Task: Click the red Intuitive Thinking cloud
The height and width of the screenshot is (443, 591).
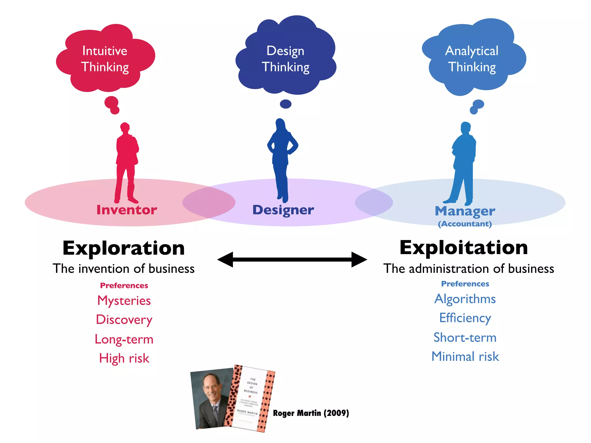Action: [105, 59]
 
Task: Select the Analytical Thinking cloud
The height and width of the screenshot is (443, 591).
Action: [473, 58]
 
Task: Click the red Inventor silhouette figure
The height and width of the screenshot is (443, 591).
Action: [126, 162]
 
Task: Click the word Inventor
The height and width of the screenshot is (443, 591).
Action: [127, 210]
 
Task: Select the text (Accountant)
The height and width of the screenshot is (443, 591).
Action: [465, 224]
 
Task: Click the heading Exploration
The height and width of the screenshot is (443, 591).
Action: [124, 248]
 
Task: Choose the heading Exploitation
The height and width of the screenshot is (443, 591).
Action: [464, 247]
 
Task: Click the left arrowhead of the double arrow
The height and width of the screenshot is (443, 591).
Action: [225, 259]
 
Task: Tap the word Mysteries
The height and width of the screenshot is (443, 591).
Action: [124, 301]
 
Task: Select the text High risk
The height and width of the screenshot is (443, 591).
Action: [124, 358]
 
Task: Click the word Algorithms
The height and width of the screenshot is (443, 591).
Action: [465, 299]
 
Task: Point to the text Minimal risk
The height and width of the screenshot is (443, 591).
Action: [465, 356]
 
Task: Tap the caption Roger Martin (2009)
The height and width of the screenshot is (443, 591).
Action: [311, 413]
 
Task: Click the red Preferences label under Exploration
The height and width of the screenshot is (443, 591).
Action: [124, 285]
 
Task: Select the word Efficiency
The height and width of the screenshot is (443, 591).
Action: [465, 318]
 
